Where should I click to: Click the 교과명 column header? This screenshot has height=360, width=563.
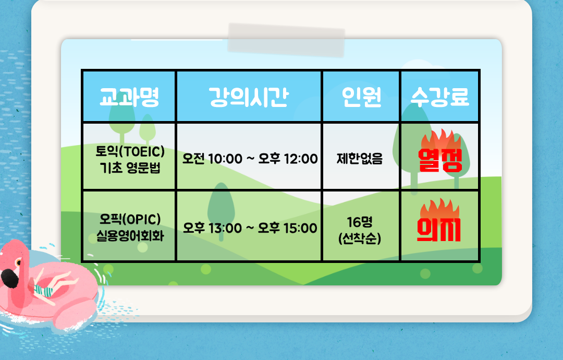(x=129, y=97)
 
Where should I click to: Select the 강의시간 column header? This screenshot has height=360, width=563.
(x=249, y=97)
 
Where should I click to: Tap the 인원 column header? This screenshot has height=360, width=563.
(x=361, y=97)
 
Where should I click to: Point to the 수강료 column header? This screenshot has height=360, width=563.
(x=440, y=97)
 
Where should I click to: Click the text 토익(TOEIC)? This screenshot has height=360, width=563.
(x=130, y=151)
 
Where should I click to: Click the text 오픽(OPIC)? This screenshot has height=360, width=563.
(x=130, y=219)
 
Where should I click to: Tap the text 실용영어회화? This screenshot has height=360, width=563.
(x=130, y=236)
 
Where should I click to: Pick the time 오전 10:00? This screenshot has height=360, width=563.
(x=212, y=159)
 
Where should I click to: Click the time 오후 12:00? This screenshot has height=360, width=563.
(x=288, y=159)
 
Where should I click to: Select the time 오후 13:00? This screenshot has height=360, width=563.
(x=213, y=228)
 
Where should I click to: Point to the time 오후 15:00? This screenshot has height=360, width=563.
(x=288, y=228)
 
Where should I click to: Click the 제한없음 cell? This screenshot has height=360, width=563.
(x=360, y=159)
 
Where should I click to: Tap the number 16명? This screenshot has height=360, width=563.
(x=360, y=222)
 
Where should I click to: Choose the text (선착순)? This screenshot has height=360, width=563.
(x=360, y=238)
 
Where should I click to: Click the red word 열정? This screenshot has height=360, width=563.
(x=440, y=160)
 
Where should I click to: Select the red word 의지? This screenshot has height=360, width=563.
(x=439, y=229)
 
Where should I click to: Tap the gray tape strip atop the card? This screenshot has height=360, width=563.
(x=286, y=40)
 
